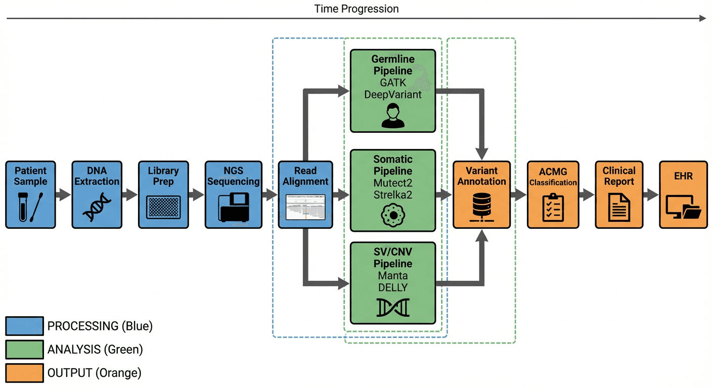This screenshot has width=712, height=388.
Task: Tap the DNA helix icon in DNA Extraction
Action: [x=97, y=207]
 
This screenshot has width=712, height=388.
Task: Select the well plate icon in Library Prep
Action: [x=163, y=207]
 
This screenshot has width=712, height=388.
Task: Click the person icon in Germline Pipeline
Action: [x=392, y=116]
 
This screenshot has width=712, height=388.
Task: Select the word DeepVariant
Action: [x=392, y=94]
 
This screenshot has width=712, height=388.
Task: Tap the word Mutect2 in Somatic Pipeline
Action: [x=392, y=182]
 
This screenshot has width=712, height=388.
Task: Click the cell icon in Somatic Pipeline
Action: [x=392, y=215]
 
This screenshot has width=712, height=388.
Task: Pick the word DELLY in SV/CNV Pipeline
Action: [x=392, y=287]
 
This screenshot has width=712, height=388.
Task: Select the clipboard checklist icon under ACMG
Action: [x=553, y=207]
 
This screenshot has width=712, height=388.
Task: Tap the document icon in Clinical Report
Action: [x=618, y=207]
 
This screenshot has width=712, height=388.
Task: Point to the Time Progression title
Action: [x=356, y=9]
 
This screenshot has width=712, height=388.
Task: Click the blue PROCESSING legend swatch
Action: [x=24, y=326]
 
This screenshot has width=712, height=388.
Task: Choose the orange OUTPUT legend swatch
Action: [x=24, y=373]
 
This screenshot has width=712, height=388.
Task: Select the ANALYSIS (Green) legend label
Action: [x=95, y=350]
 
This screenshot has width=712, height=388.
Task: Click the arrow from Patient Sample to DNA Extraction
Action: [x=63, y=195]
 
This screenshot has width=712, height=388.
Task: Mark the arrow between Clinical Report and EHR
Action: [x=650, y=195]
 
